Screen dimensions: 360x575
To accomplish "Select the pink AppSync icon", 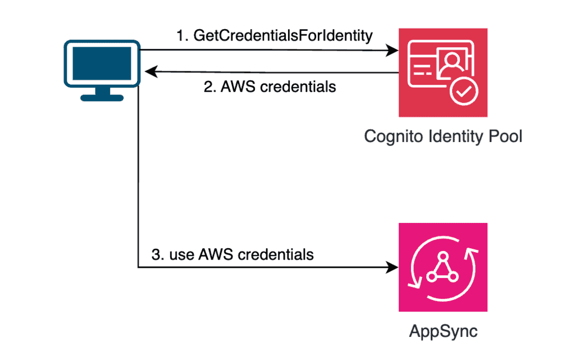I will coord(443,267).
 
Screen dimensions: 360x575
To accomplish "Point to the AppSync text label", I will coord(443,331).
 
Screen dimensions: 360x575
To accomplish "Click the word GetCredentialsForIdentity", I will coord(283,36).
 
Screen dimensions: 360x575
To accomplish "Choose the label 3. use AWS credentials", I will coord(232,254).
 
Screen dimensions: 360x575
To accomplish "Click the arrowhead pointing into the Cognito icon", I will coord(393,51).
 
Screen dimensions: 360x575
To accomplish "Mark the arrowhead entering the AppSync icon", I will coord(393,267).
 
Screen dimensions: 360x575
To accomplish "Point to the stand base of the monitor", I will coord(102,97).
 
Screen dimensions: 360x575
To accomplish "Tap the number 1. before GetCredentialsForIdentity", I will coord(182,36).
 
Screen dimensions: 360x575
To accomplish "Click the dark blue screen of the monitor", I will coord(101,63).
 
